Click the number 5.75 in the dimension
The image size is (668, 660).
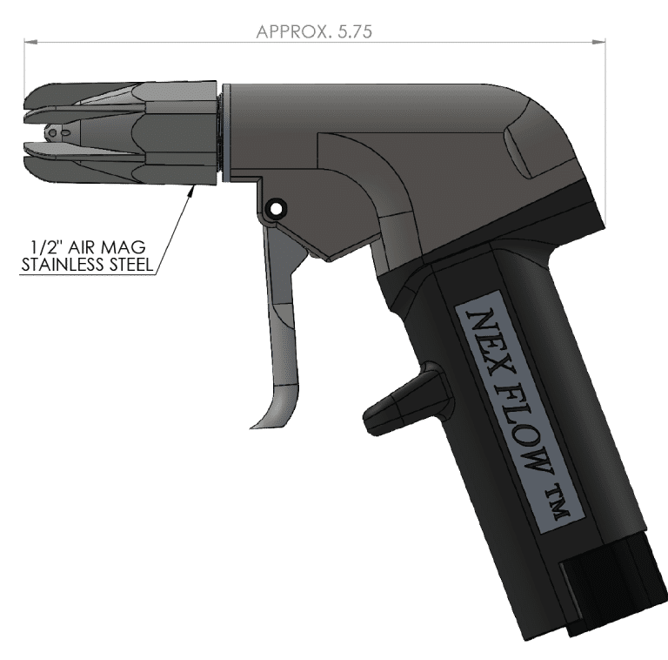tap(355, 32)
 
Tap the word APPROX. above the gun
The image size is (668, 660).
tap(293, 32)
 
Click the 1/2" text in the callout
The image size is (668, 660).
tap(45, 247)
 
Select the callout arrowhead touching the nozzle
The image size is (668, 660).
tap(191, 192)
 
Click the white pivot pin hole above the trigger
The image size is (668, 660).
tap(276, 209)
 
